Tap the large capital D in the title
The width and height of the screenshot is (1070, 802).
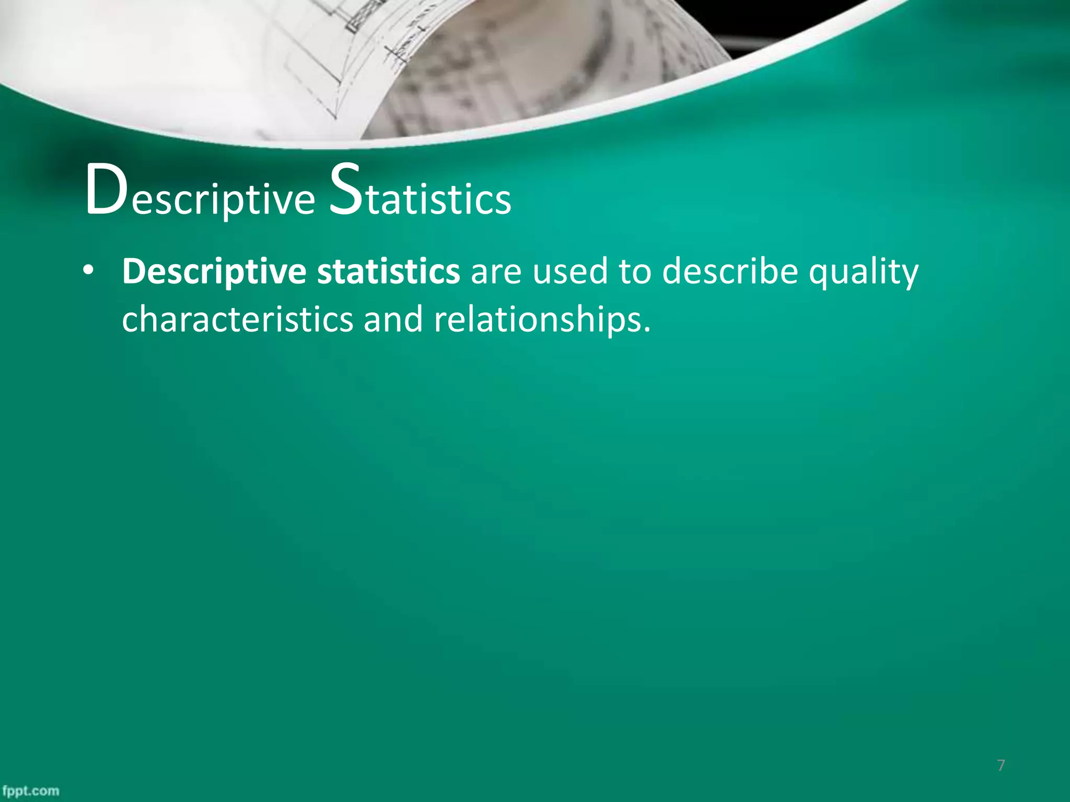106,190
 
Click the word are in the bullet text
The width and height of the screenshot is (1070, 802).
496,272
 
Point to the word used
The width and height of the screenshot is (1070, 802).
570,272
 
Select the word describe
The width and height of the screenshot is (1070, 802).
730,272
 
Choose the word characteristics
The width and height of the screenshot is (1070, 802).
237,319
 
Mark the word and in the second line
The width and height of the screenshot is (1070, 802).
393,319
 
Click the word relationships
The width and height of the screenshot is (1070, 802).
538,319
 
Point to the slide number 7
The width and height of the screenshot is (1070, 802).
1001,765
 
